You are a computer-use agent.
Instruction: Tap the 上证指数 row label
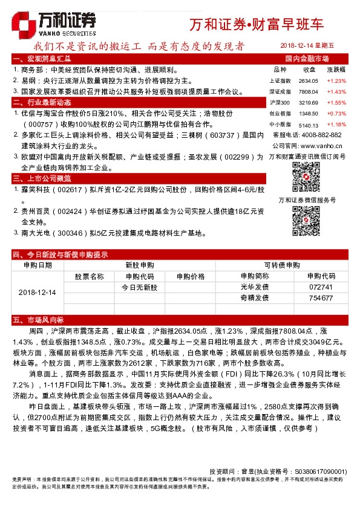280,80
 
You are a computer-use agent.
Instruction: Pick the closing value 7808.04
308,91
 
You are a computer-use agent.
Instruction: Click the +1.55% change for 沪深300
336,102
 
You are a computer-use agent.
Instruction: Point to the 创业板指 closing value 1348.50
308,113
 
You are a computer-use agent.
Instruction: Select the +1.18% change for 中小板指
336,124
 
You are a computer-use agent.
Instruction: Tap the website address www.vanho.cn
321,146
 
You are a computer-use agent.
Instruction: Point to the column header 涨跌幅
336,70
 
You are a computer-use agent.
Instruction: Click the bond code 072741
321,287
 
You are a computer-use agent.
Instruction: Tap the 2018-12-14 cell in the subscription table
37,293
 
